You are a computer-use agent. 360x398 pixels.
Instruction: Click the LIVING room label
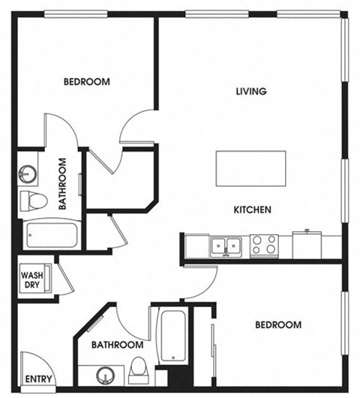tap(251, 92)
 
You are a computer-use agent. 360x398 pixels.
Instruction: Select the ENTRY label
tap(38, 379)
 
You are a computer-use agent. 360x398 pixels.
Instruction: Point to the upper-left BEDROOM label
tap(86, 82)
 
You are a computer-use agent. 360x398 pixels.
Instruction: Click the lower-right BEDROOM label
tap(277, 325)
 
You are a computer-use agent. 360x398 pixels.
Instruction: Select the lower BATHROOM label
tap(117, 345)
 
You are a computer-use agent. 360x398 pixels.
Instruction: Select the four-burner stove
tap(263, 245)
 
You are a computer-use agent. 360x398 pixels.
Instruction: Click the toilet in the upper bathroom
tap(32, 201)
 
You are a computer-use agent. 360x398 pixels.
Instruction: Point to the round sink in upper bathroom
tap(27, 173)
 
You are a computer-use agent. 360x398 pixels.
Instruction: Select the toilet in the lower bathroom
tap(139, 370)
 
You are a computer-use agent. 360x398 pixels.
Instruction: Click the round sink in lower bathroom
tap(105, 373)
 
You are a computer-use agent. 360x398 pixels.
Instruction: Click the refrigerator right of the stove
tap(307, 244)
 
